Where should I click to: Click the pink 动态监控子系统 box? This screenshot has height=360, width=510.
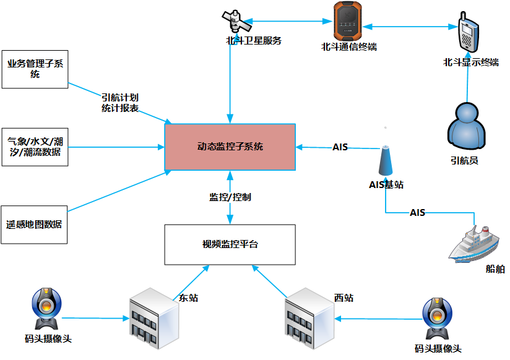[230, 147]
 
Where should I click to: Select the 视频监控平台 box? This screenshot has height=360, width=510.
[230, 244]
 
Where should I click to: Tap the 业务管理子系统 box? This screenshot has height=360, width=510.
[35, 69]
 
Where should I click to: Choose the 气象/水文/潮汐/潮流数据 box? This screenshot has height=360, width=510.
[35, 147]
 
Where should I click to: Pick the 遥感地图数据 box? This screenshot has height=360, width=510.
[35, 225]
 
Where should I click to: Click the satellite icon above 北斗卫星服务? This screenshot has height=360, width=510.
[237, 22]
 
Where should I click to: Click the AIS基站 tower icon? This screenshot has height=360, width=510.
[386, 160]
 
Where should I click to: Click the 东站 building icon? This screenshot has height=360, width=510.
[152, 317]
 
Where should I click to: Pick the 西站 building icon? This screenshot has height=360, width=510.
[308, 317]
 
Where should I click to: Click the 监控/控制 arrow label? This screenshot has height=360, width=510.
[230, 197]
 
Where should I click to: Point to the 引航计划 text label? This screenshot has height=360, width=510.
[120, 98]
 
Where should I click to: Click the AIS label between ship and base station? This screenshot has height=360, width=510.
[418, 213]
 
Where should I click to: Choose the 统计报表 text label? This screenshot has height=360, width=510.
[120, 109]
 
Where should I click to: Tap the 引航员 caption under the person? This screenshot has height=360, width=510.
[465, 160]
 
